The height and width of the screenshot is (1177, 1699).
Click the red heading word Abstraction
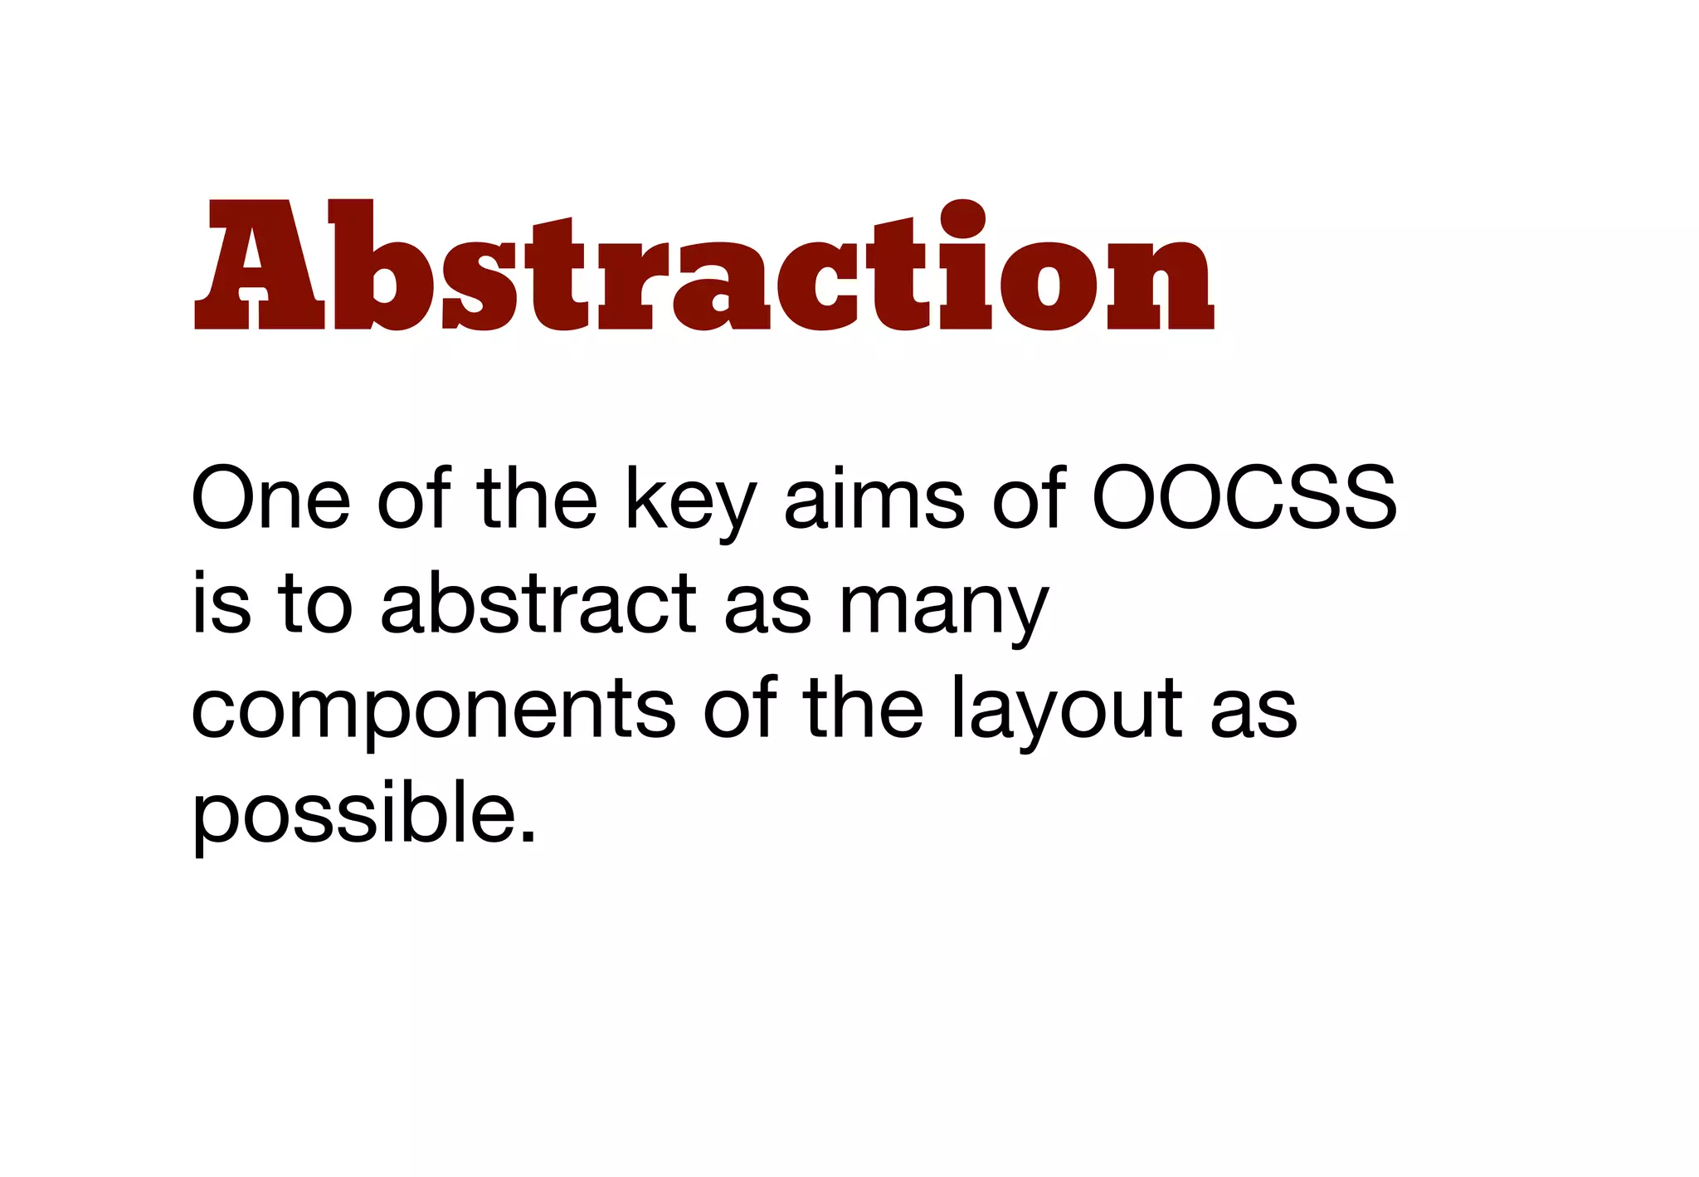coord(704,266)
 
